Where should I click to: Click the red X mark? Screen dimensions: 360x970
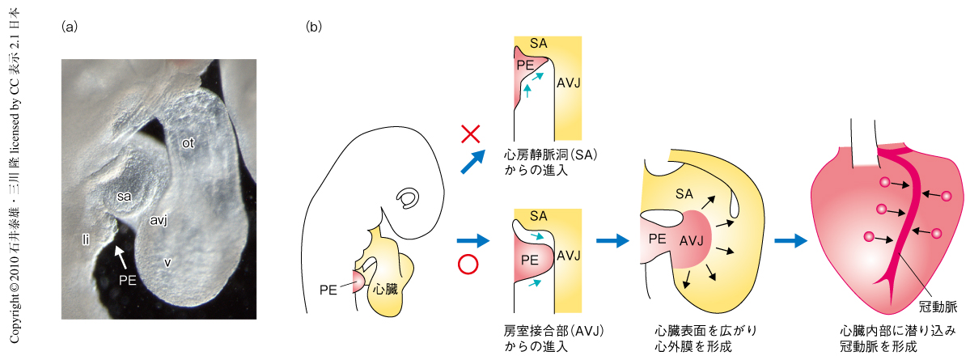tap(471, 133)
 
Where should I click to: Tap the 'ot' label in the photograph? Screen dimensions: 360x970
tap(188, 144)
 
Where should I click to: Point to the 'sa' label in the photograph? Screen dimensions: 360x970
tap(123, 196)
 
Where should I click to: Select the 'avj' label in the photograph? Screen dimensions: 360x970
tap(158, 219)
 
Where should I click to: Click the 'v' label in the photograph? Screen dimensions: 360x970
tap(167, 261)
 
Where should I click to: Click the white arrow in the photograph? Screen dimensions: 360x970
tap(121, 257)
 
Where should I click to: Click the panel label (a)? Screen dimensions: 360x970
tap(70, 26)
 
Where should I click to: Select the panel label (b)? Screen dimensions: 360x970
tap(314, 26)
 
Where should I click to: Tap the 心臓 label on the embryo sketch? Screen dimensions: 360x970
tap(385, 287)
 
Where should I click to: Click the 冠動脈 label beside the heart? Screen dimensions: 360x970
tap(938, 307)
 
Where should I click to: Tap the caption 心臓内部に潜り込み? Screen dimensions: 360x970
tap(898, 331)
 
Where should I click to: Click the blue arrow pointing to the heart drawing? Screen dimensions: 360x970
tap(791, 240)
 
